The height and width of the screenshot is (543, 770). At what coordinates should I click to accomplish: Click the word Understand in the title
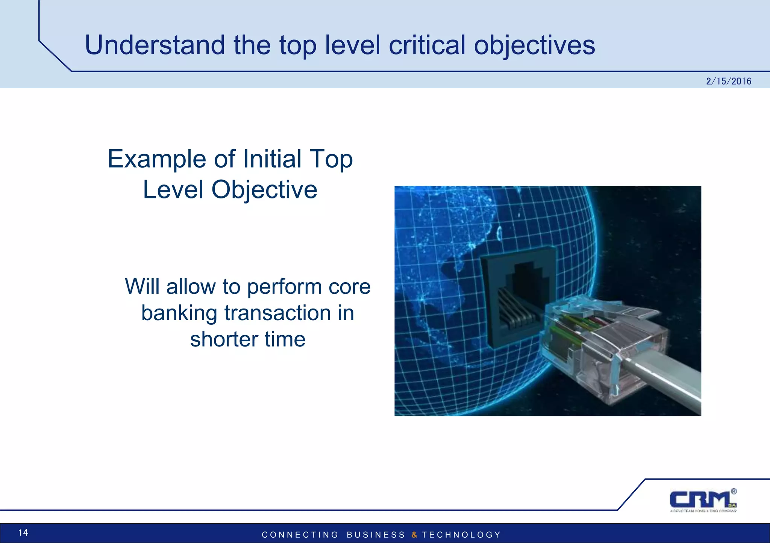[x=155, y=45]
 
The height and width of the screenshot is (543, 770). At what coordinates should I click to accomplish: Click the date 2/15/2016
[x=728, y=81]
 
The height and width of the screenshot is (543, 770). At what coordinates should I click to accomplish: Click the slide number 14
[x=23, y=532]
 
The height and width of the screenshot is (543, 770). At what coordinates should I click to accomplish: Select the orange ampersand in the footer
[x=414, y=535]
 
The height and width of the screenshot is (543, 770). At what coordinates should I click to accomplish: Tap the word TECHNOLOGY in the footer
[x=461, y=535]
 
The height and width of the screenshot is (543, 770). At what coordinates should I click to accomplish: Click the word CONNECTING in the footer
[x=300, y=535]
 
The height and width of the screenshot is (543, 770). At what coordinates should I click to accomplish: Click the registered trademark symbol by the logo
[x=734, y=491]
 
